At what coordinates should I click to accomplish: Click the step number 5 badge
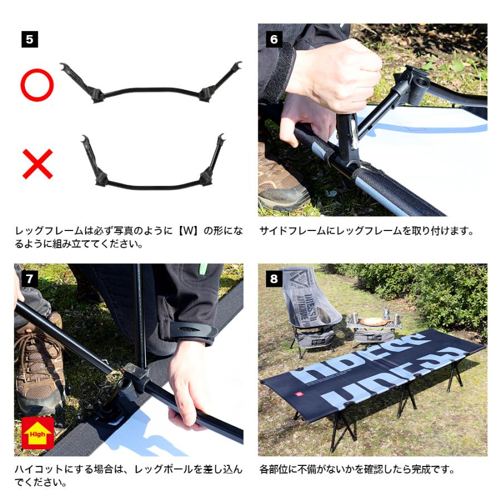30,40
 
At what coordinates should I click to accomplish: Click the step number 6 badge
273,40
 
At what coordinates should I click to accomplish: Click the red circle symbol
37,85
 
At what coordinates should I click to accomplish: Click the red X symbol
37,163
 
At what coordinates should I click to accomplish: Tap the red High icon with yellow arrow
37,433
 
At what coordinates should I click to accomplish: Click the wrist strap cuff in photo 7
193,331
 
